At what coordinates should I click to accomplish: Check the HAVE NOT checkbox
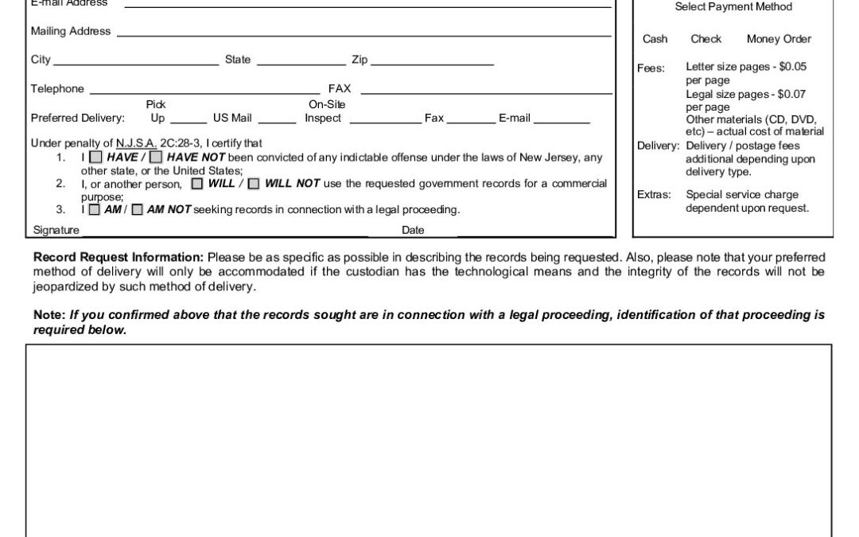[157, 158]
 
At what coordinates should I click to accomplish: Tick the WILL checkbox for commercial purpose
[196, 184]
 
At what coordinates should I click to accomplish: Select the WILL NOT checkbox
[253, 184]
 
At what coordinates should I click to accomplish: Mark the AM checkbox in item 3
[94, 210]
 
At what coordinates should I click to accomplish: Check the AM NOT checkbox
[137, 210]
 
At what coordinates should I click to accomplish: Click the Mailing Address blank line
[363, 35]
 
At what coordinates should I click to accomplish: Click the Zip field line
[432, 64]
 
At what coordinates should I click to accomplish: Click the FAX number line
[485, 93]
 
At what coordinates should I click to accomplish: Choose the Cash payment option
[655, 39]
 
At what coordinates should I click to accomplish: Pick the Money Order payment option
[779, 39]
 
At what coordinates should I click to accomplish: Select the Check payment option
[705, 39]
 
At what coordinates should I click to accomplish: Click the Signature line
[225, 235]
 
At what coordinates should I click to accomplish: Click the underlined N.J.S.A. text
[136, 144]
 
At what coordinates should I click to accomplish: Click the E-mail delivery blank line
[562, 123]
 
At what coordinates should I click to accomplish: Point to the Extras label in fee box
[654, 195]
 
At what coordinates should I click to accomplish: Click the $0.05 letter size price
[792, 68]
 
